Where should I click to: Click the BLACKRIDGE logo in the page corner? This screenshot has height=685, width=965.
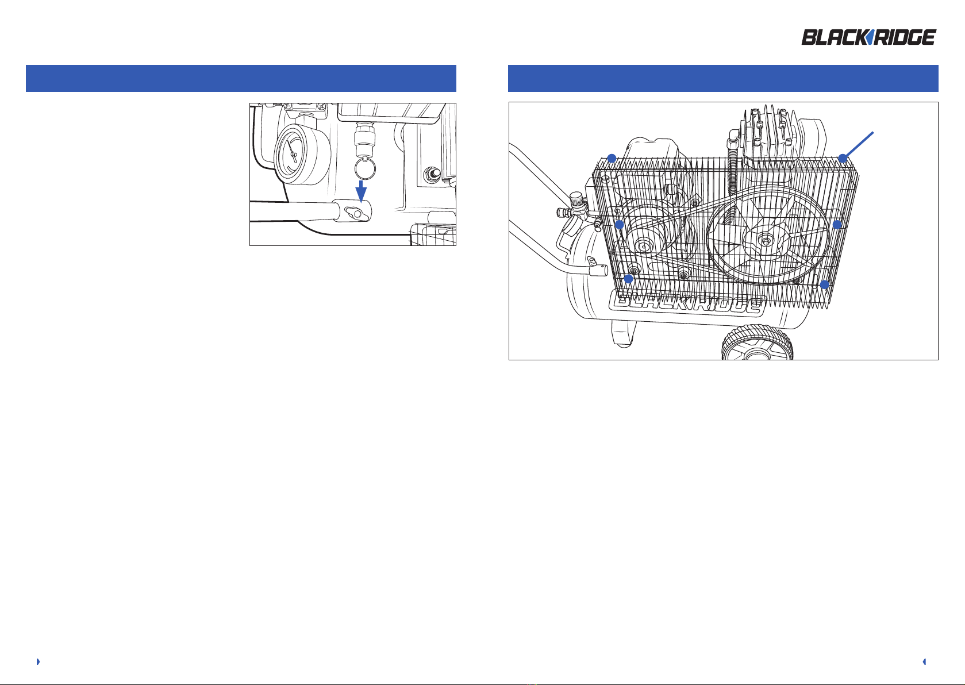click(868, 37)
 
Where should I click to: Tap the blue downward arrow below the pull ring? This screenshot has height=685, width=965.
click(361, 191)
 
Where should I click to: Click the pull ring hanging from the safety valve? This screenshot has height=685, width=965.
click(365, 169)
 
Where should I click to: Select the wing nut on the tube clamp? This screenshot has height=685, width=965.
click(356, 213)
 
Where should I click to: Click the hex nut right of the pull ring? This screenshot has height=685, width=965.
click(432, 175)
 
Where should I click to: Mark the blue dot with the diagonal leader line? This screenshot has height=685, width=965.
click(843, 159)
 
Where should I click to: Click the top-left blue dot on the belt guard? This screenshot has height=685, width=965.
click(612, 159)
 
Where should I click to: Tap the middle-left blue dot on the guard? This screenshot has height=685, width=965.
click(620, 225)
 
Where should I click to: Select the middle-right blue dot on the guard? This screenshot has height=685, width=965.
click(837, 225)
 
